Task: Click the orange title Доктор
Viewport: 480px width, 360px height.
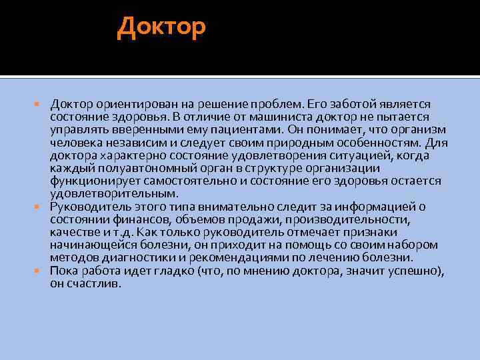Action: (162, 27)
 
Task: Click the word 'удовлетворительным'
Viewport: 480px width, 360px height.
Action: (113, 193)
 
